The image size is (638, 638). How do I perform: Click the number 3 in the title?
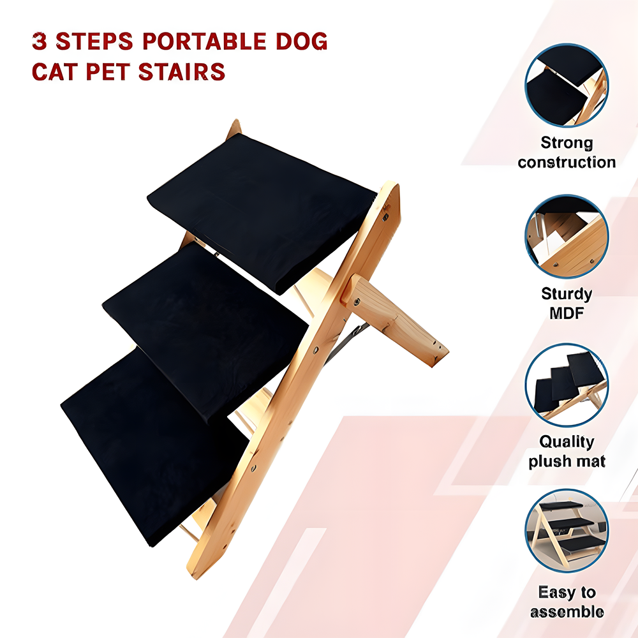point(40,42)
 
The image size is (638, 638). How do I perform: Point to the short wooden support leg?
point(396,319)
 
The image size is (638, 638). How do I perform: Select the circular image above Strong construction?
point(567,85)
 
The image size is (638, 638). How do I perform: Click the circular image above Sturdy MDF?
point(567,236)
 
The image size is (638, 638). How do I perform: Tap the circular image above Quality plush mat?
point(567,385)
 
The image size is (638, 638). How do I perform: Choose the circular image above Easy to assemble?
point(567,531)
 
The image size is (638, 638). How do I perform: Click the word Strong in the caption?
point(567,143)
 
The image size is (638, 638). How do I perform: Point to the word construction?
point(567,162)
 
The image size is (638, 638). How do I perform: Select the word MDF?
point(567,313)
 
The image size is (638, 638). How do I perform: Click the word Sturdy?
point(567,294)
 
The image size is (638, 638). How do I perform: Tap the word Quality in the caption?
point(567,441)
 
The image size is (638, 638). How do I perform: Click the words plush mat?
point(567,461)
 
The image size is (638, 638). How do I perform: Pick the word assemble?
point(567,612)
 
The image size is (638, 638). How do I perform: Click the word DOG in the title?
point(300,42)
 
